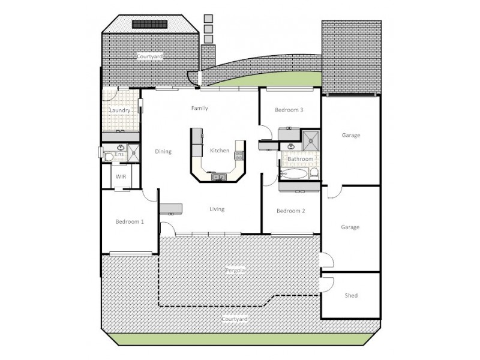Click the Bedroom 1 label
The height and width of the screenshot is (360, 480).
tap(130, 221)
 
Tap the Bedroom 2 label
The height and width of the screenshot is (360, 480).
tap(291, 211)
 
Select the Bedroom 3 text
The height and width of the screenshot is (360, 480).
tap(289, 110)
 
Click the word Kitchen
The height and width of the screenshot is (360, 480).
tap(219, 151)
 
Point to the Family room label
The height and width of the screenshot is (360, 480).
tap(199, 109)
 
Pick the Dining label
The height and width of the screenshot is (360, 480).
tap(163, 151)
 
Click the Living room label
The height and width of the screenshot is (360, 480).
tap(217, 209)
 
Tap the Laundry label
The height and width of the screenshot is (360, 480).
tap(120, 111)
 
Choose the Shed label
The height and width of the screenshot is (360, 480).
tap(351, 296)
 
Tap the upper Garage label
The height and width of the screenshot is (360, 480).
tap(350, 135)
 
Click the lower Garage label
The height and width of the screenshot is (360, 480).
tap(350, 227)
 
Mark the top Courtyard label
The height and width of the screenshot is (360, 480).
tap(149, 56)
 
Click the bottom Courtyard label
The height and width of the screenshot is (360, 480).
tap(234, 320)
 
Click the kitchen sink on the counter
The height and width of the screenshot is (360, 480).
tap(218, 176)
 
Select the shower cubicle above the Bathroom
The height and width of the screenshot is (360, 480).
tap(311, 140)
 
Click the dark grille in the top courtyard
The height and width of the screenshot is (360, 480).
tap(149, 25)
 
